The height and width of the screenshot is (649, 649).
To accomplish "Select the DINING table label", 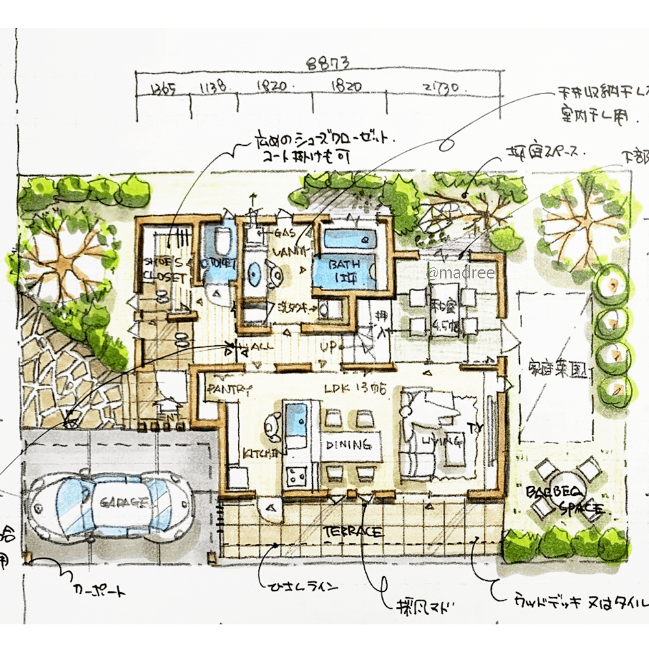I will pyautogui.click(x=349, y=445).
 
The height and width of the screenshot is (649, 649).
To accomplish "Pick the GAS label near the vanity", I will pyautogui.click(x=285, y=232).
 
